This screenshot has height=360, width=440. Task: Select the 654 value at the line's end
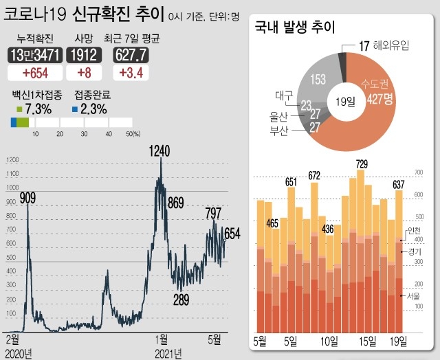(232, 234)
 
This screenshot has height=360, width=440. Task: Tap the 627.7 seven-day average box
(131, 54)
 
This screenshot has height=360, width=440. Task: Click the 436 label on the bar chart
(327, 229)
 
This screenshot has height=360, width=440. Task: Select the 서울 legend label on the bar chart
(413, 296)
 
